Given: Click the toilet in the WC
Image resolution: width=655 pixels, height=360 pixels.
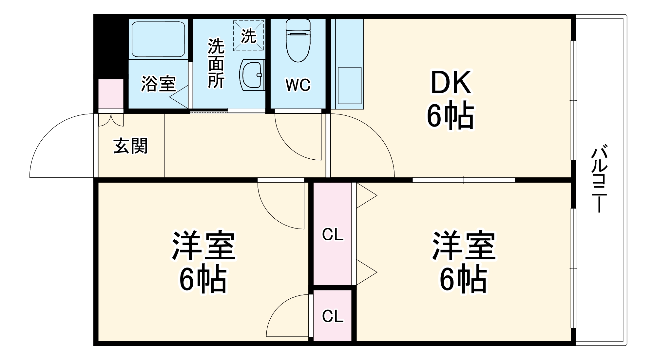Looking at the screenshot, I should coord(298,41).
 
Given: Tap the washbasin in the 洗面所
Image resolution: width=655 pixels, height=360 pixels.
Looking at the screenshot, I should coord(252,75).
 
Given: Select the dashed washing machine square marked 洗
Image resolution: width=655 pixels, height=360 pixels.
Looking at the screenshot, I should coord(248,36).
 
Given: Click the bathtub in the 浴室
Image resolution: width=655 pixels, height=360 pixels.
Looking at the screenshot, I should coord(158,39).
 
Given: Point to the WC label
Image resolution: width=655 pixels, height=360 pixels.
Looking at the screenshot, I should coord(298,85).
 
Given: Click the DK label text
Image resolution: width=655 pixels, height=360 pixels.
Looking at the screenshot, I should coord(451,83).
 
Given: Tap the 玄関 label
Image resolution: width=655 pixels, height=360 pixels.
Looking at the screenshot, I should coord(130,146).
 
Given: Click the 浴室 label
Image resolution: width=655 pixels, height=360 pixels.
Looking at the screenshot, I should coord(158,84).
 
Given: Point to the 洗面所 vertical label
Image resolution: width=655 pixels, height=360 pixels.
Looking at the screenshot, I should coord(216,63).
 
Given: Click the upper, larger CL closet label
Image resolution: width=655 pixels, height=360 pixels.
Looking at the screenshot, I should coord(333,235).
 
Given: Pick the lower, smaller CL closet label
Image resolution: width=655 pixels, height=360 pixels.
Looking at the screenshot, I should coord(333,316).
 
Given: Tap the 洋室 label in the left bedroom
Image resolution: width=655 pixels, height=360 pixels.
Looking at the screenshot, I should coord(203,246).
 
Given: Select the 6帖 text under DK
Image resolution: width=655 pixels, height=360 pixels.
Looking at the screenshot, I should coord(450,116).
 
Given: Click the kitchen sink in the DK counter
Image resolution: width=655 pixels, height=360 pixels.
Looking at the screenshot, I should coord(349,86).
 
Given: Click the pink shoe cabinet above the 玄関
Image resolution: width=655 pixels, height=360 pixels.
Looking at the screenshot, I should coord(111,94).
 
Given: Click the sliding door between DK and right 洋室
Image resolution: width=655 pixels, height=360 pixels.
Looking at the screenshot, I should coord(463,180).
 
